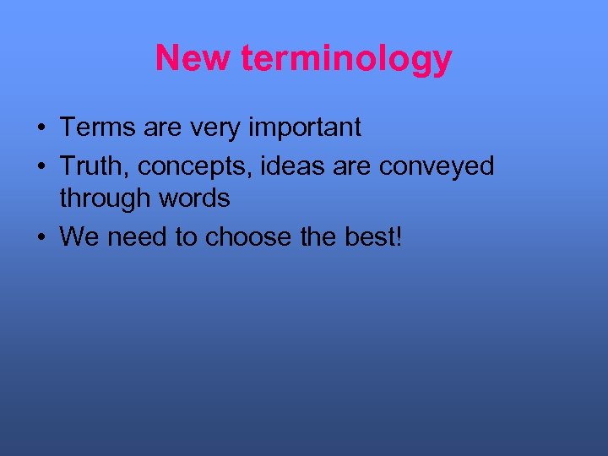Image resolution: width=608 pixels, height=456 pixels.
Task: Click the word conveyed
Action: pyautogui.click(x=437, y=167)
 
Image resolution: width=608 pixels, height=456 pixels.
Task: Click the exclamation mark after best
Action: pyautogui.click(x=399, y=236)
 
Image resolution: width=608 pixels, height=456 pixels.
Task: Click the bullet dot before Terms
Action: pyautogui.click(x=41, y=129)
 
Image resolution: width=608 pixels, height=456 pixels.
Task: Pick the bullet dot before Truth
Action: pyautogui.click(x=41, y=167)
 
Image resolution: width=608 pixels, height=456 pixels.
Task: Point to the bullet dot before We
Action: pyautogui.click(x=41, y=238)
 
